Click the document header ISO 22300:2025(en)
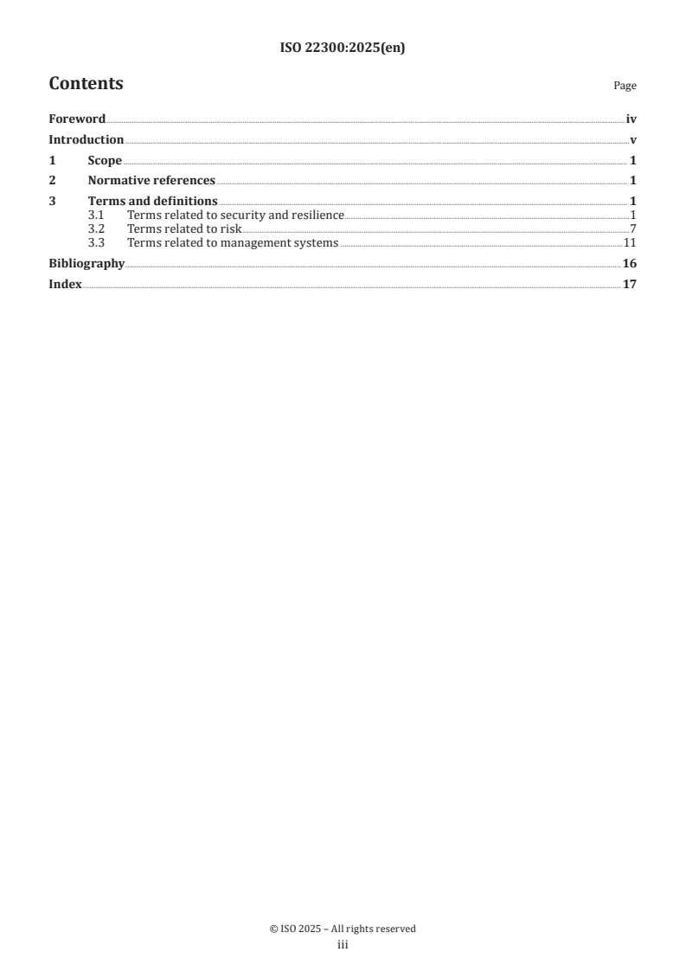(x=343, y=48)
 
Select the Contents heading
(x=86, y=84)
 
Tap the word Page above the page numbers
(x=625, y=86)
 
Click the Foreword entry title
(x=77, y=119)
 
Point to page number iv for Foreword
(x=632, y=119)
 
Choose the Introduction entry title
(x=86, y=140)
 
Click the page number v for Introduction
(x=633, y=140)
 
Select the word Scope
(x=105, y=161)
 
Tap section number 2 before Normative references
(x=52, y=181)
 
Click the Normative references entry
(x=151, y=181)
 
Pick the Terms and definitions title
(x=152, y=202)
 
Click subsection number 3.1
(x=96, y=215)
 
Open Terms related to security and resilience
(x=235, y=215)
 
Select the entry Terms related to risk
(x=184, y=229)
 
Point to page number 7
(x=633, y=229)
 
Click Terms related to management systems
(x=233, y=243)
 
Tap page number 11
(x=631, y=243)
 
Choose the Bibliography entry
(x=87, y=264)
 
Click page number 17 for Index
(x=630, y=285)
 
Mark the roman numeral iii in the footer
(x=343, y=946)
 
